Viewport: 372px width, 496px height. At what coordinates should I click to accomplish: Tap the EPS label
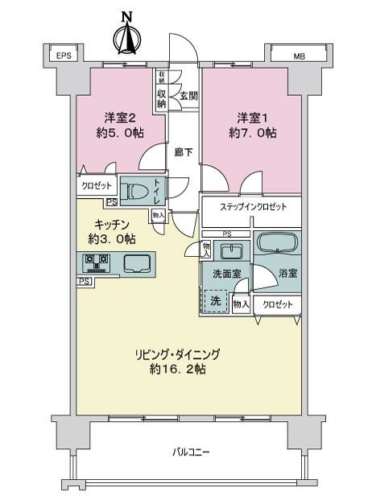click(64, 56)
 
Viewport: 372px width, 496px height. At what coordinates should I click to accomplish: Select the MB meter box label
click(299, 56)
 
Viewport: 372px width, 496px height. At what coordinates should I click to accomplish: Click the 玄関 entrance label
click(189, 96)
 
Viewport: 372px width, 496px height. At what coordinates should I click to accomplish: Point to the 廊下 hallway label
click(184, 152)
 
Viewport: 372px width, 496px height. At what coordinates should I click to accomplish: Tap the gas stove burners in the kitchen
click(96, 262)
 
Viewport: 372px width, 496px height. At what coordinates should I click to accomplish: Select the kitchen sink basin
click(137, 263)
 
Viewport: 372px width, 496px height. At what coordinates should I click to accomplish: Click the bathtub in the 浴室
click(278, 242)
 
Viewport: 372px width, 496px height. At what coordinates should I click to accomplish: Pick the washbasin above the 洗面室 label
click(232, 251)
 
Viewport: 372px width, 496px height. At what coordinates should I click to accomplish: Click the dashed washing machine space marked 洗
click(216, 301)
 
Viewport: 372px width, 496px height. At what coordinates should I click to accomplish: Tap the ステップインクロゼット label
click(253, 207)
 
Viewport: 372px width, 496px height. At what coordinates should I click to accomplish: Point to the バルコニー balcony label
click(191, 452)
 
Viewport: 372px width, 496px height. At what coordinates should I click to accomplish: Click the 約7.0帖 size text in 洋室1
click(253, 133)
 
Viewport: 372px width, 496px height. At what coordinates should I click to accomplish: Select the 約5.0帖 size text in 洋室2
click(120, 133)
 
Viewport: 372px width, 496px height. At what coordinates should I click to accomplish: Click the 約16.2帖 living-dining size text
click(178, 369)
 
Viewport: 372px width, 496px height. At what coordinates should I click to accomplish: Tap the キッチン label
click(112, 225)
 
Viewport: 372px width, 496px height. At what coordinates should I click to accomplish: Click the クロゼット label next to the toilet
click(97, 186)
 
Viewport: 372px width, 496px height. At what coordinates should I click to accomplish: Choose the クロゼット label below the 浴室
click(278, 304)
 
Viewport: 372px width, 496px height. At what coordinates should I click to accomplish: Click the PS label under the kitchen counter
click(84, 281)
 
